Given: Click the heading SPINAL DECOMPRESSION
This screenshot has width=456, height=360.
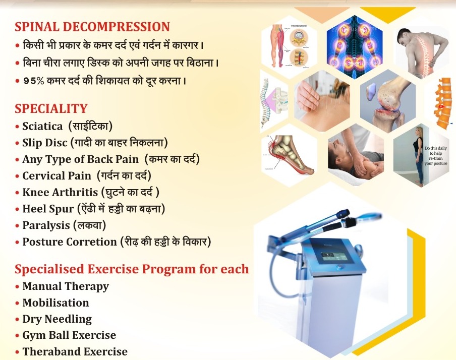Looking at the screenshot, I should pyautogui.click(x=92, y=27).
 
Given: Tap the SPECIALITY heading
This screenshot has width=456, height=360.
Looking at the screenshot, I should pyautogui.click(x=51, y=108).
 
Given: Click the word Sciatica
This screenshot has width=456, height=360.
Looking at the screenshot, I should pyautogui.click(x=42, y=126).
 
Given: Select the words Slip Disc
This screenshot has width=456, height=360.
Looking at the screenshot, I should pyautogui.click(x=44, y=143).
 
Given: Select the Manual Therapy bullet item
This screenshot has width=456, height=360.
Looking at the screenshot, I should pyautogui.click(x=66, y=286).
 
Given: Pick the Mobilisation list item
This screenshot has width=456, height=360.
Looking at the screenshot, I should pyautogui.click(x=55, y=303).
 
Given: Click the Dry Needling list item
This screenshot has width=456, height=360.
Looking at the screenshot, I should pyautogui.click(x=57, y=319).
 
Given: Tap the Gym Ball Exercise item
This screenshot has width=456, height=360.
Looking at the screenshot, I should pyautogui.click(x=69, y=335).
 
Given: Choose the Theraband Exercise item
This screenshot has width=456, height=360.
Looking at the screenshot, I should pyautogui.click(x=75, y=351).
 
